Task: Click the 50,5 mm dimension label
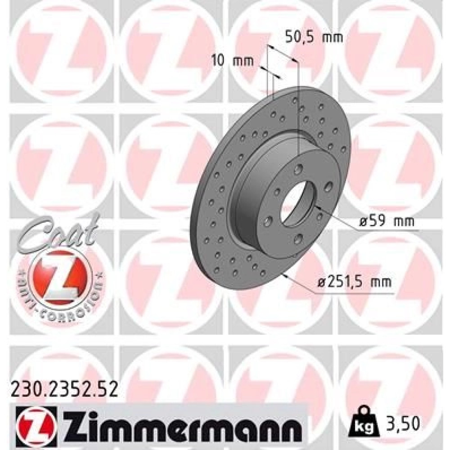pyautogui.click(x=314, y=38)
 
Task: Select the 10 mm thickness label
pyautogui.click(x=233, y=61)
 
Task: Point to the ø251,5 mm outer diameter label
pyautogui.click(x=355, y=282)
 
